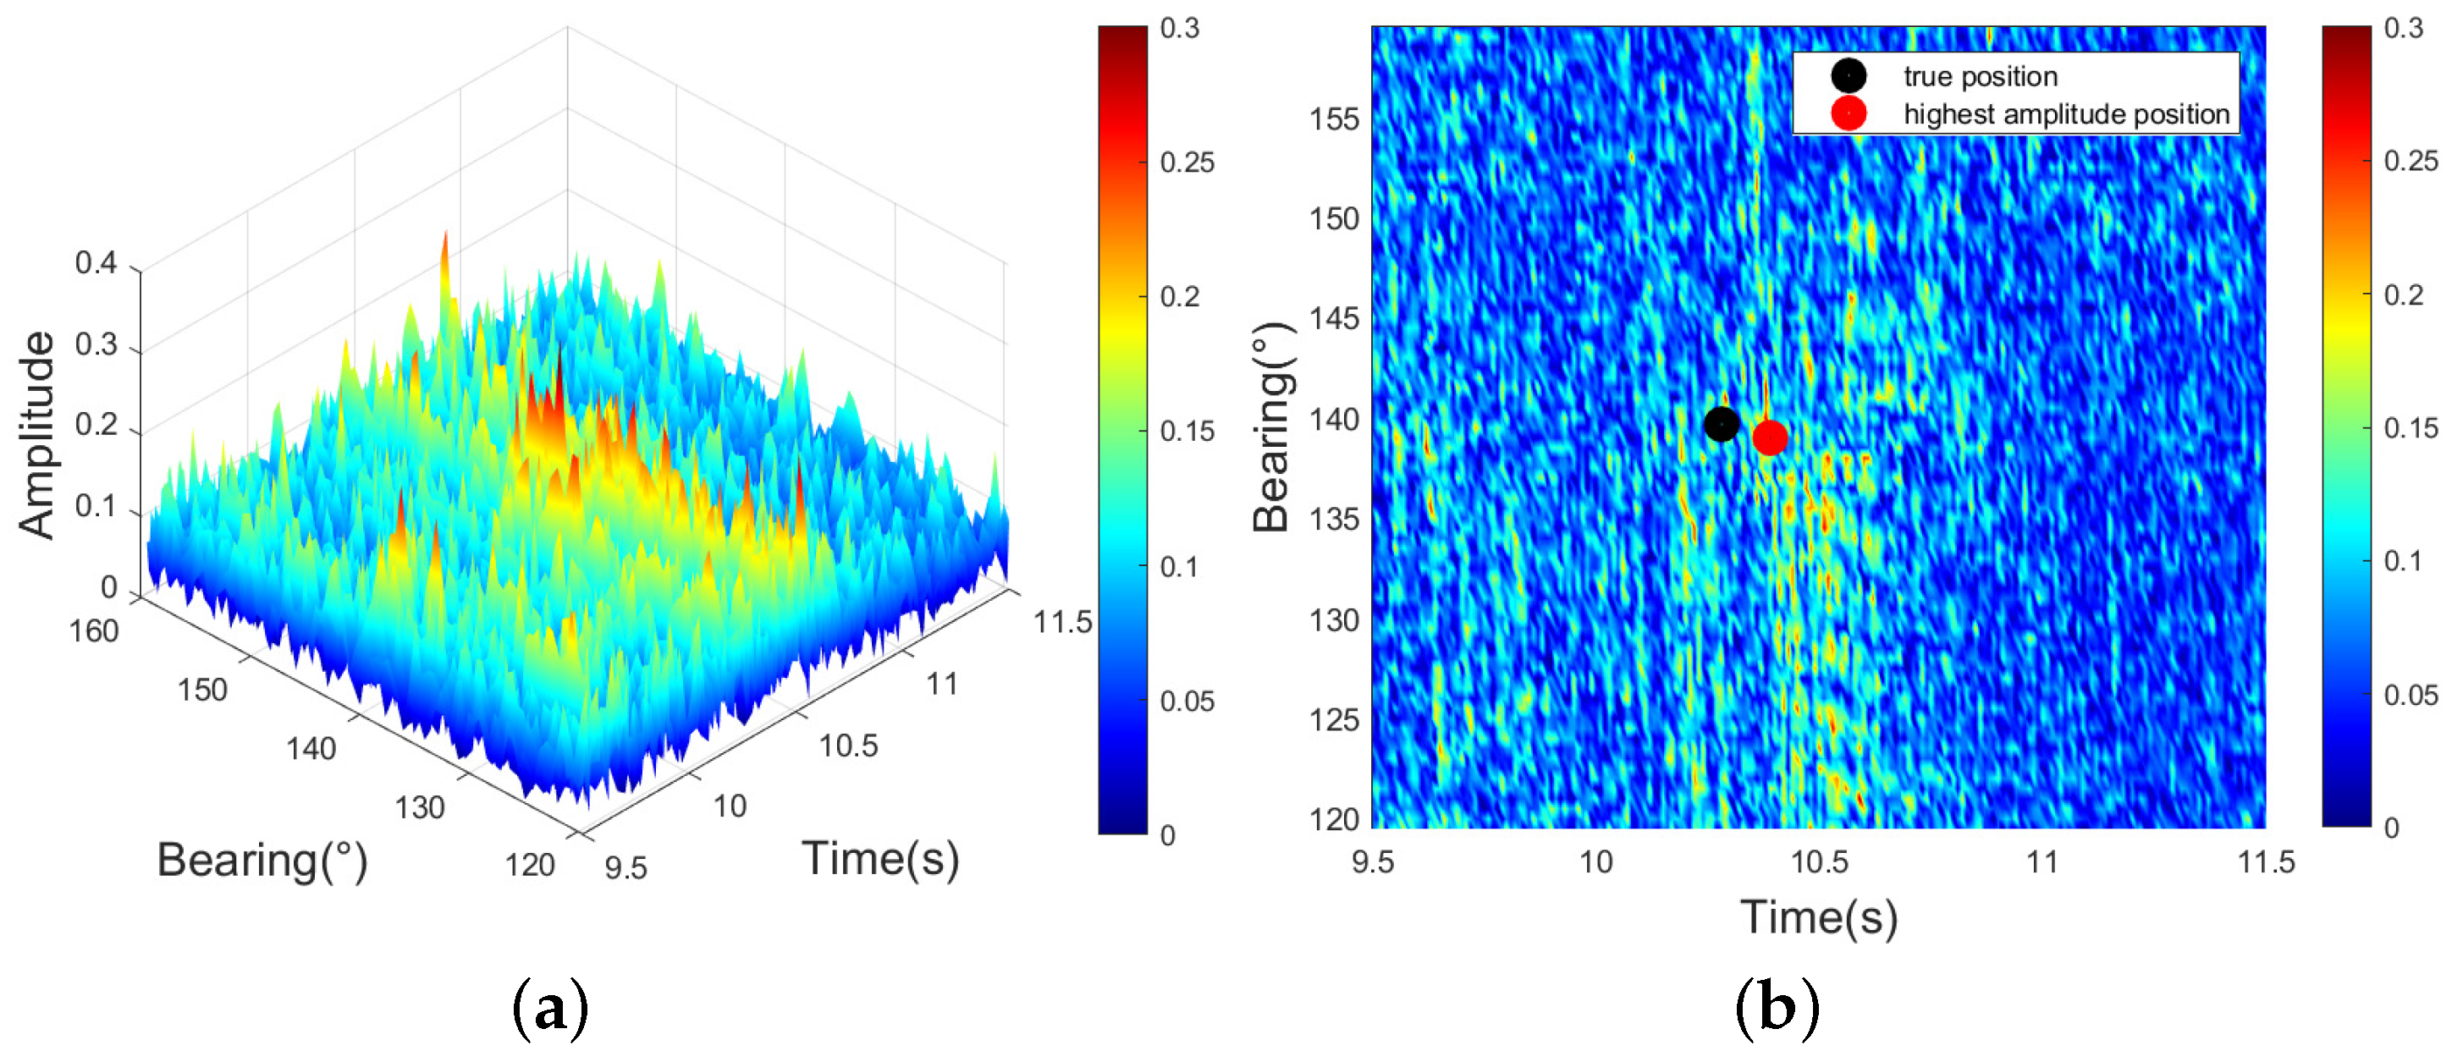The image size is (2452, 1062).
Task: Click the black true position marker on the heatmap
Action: pyautogui.click(x=1721, y=423)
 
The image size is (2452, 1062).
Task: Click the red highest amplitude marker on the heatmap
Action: pyautogui.click(x=1770, y=437)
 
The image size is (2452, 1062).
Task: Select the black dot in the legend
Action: pyautogui.click(x=1849, y=75)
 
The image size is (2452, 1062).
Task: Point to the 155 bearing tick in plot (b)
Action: pyautogui.click(x=1335, y=120)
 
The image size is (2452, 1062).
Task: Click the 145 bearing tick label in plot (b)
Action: pyautogui.click(x=1335, y=319)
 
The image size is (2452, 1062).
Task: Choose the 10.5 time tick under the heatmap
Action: pyautogui.click(x=1819, y=862)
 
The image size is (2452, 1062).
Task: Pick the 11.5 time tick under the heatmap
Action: pyautogui.click(x=2266, y=862)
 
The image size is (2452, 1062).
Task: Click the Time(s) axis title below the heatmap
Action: pyautogui.click(x=1819, y=916)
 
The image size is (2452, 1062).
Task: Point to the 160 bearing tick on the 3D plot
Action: pyautogui.click(x=93, y=631)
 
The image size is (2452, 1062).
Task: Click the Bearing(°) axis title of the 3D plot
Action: pyautogui.click(x=262, y=861)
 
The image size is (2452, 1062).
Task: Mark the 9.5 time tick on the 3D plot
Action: pyautogui.click(x=625, y=868)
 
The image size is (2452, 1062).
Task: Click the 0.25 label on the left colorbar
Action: pyautogui.click(x=1187, y=162)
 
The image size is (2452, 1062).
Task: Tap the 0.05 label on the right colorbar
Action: pyautogui.click(x=2411, y=695)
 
